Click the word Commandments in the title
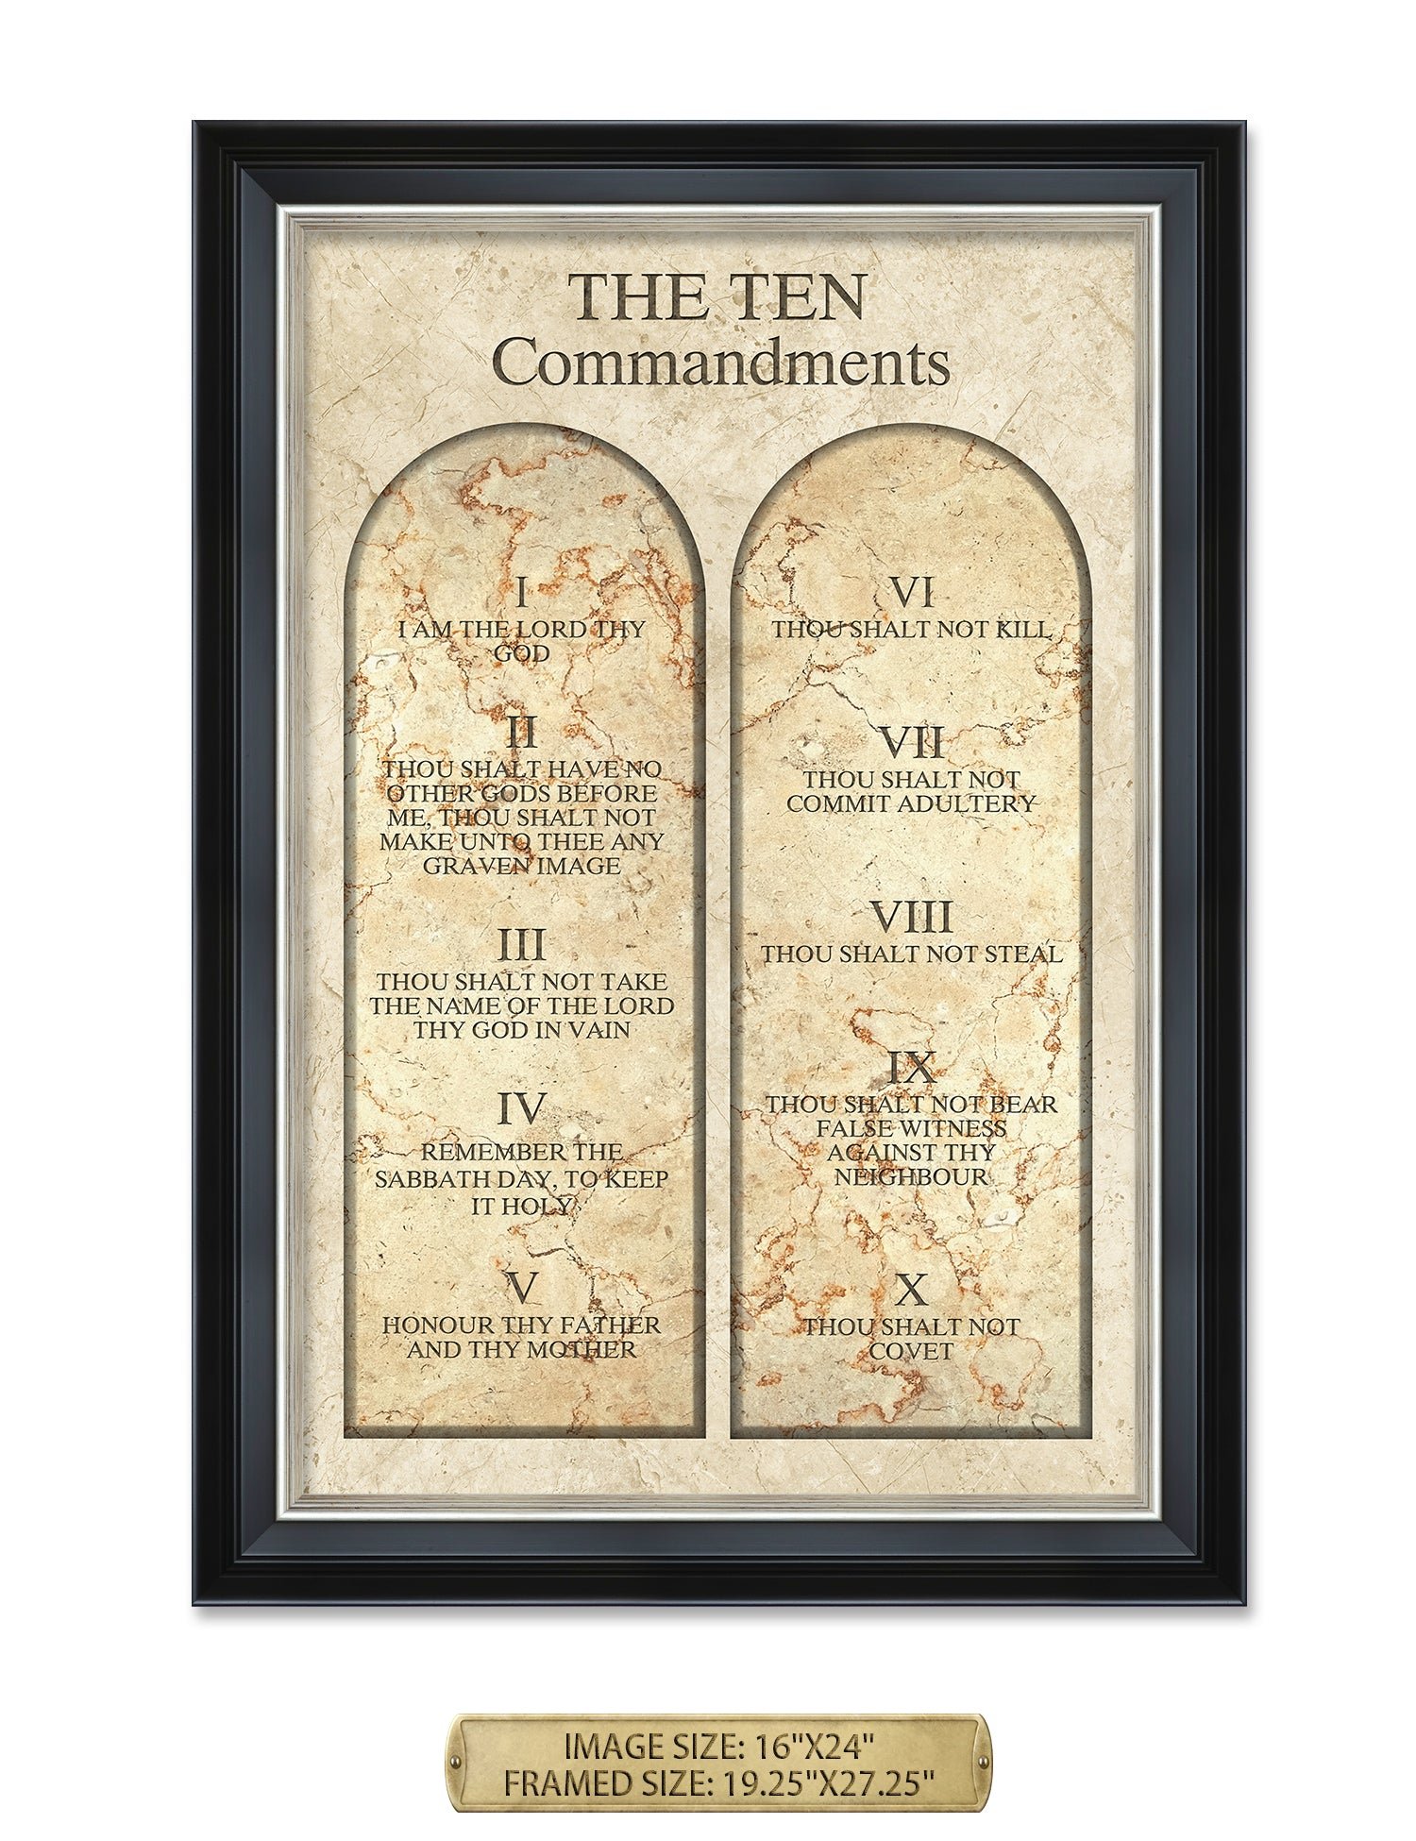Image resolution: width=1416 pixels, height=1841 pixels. coord(720,363)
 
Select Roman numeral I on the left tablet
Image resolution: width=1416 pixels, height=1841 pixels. coord(522,594)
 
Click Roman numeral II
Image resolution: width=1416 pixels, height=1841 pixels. coord(522,734)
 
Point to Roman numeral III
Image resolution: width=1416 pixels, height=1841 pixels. coord(522,945)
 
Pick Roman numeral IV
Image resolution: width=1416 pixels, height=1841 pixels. coord(522,1109)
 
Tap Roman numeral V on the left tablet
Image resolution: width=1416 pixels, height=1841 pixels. coord(522,1288)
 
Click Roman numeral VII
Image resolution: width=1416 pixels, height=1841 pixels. coord(912,744)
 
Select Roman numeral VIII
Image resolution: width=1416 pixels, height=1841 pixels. coord(912,918)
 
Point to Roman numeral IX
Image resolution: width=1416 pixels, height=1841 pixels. coord(912,1069)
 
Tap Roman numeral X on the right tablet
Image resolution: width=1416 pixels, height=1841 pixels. coord(912,1290)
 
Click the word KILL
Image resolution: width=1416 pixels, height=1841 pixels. coord(1023,630)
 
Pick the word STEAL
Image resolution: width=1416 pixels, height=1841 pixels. coord(1023,954)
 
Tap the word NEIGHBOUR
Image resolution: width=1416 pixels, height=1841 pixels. coord(912,1177)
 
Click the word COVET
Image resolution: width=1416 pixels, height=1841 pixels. coord(912,1352)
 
